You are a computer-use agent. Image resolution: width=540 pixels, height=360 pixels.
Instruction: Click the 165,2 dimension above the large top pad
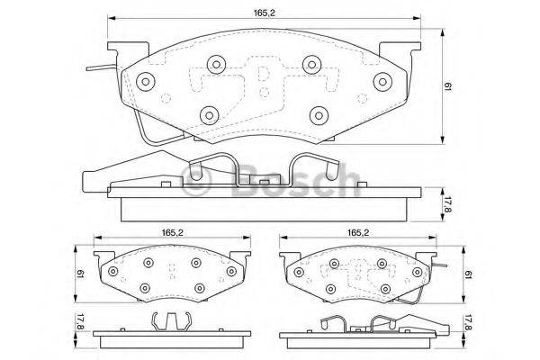[264, 11]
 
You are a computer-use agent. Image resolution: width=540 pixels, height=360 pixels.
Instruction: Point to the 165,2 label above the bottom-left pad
[173, 233]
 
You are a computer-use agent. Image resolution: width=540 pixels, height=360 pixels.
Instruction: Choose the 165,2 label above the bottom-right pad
[358, 233]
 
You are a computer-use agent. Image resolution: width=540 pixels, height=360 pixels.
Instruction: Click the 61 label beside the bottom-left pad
[81, 273]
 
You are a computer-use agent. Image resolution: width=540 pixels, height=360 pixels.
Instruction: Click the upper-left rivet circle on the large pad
[215, 64]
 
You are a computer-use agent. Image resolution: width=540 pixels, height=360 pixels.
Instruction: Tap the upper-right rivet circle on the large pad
[311, 64]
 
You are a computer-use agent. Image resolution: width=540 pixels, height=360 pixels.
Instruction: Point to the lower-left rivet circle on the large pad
[210, 114]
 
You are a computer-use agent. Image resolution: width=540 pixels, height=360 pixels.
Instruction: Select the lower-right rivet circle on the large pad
[318, 114]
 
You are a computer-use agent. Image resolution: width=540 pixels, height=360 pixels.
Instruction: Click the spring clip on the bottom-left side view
[170, 319]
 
